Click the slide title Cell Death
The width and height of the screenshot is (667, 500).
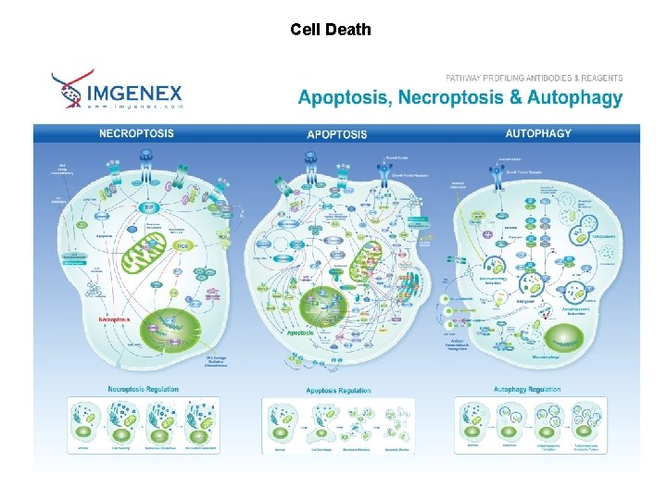(x=330, y=30)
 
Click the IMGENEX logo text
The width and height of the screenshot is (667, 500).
(x=135, y=93)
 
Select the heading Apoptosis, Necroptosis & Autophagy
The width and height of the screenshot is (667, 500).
(x=459, y=98)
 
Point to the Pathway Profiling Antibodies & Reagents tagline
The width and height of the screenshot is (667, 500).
(x=534, y=79)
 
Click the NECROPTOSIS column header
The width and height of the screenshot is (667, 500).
(x=136, y=133)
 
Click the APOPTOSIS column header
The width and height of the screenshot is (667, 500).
(x=336, y=134)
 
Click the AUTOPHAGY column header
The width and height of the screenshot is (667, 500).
(x=538, y=133)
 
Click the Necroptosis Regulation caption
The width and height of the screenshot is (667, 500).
(x=143, y=389)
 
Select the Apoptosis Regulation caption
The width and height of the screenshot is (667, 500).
(x=338, y=390)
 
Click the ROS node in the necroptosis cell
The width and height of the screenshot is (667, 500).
(x=183, y=245)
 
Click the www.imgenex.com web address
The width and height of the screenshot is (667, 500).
(x=135, y=106)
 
